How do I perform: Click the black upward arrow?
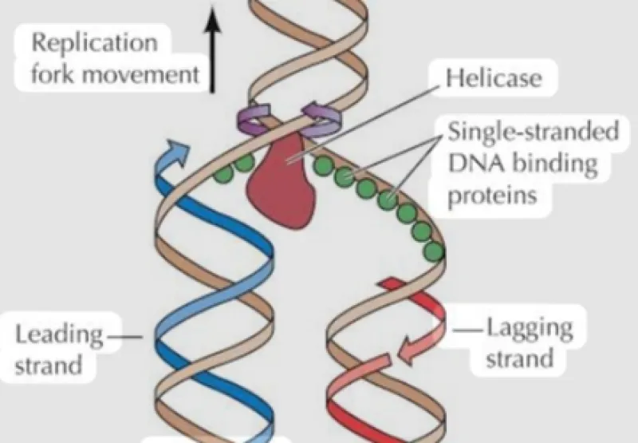[x=212, y=49]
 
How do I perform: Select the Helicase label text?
[x=494, y=77]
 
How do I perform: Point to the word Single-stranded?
[x=534, y=131]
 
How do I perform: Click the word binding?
[x=554, y=164]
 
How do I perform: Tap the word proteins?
[x=492, y=196]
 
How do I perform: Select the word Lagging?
[x=530, y=330]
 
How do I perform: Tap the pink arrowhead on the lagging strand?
[x=409, y=351]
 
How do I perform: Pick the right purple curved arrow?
[x=322, y=118]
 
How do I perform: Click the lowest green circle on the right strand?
[x=433, y=251]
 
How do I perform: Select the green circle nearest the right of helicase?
[x=325, y=165]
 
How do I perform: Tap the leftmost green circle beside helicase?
[x=223, y=173]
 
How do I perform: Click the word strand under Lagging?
[x=520, y=359]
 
